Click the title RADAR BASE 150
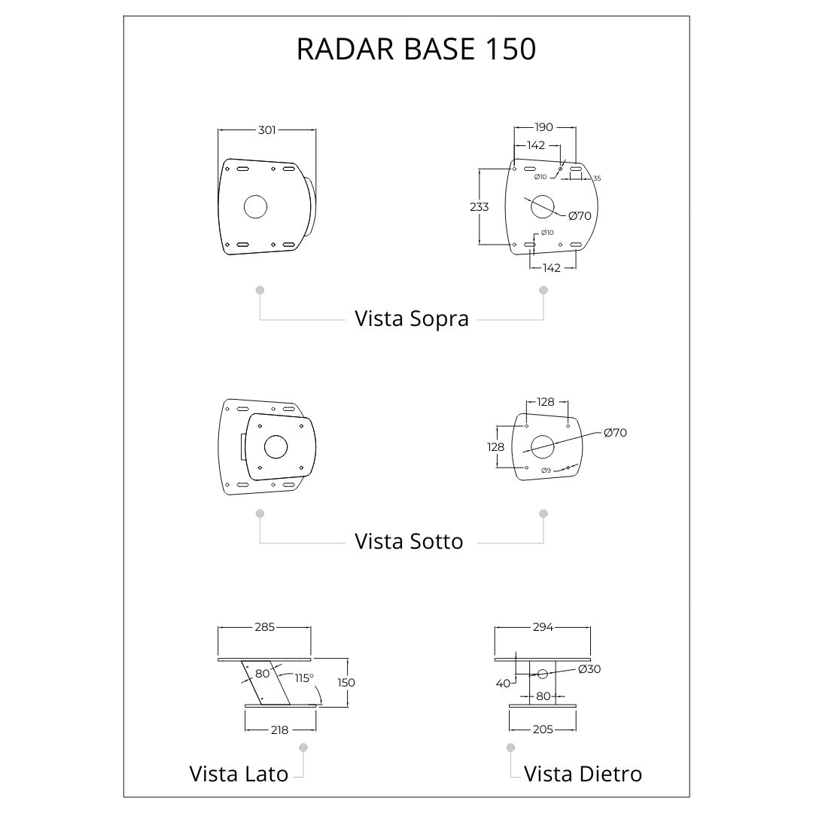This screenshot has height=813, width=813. (x=416, y=49)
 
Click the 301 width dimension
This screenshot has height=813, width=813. (x=266, y=130)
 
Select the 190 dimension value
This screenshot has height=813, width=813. (x=544, y=127)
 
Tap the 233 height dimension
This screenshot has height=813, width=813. (x=479, y=207)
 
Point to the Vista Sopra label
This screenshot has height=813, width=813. (x=412, y=318)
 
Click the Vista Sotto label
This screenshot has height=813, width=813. (x=409, y=541)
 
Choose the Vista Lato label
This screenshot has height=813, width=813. (x=239, y=774)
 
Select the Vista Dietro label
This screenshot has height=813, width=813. (x=583, y=774)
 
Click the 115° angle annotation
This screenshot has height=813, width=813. (x=304, y=678)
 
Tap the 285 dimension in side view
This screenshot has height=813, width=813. (x=264, y=627)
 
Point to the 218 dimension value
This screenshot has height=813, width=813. (x=279, y=730)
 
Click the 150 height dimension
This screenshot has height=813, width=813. (x=346, y=682)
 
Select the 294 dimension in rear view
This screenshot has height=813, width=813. (x=544, y=627)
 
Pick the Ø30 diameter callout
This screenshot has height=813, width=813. (x=589, y=669)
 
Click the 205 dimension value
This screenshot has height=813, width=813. (x=543, y=729)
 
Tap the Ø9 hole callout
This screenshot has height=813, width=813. (x=546, y=470)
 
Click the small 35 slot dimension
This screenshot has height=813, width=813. (x=597, y=178)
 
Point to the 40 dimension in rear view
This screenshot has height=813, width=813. (x=503, y=684)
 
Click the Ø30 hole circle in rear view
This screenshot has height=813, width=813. (x=543, y=674)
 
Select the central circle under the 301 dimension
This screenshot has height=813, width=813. (x=256, y=207)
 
